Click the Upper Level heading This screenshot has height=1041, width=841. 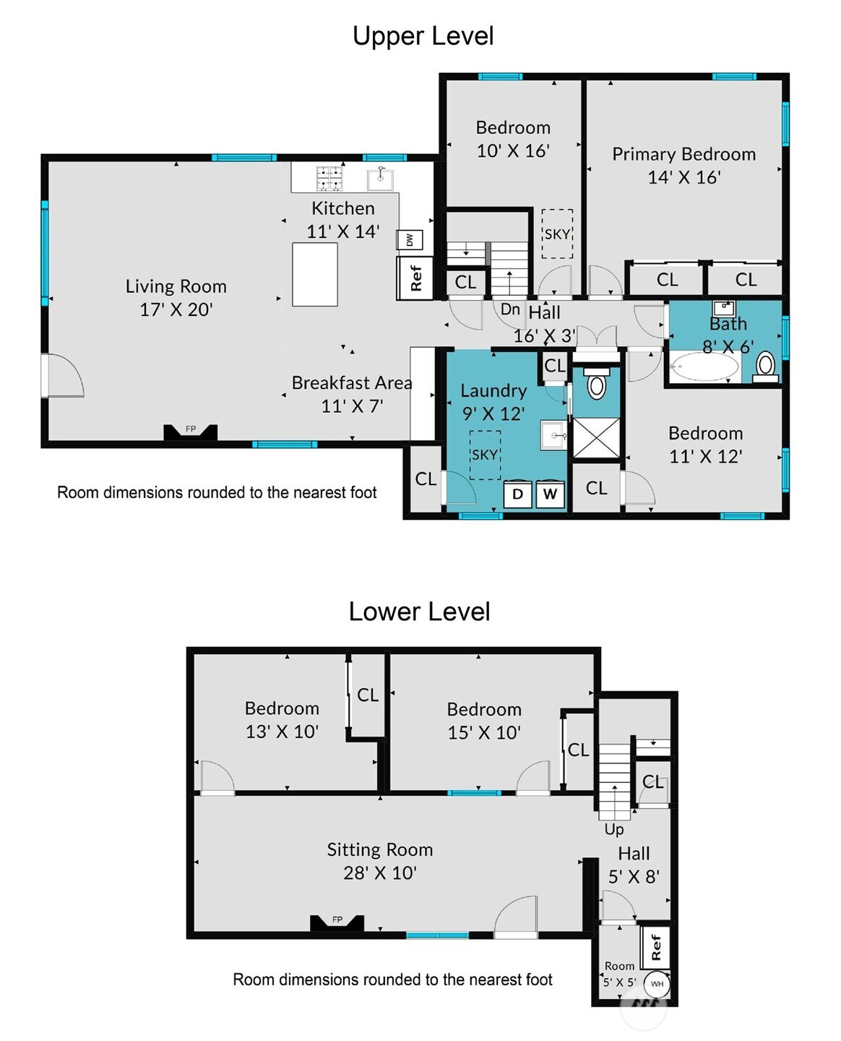[x=423, y=36]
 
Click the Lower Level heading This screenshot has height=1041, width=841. [x=419, y=612]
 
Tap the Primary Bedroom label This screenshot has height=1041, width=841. [x=683, y=155]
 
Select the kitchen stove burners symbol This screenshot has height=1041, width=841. [x=329, y=179]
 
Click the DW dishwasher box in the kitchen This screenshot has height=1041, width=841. [x=409, y=240]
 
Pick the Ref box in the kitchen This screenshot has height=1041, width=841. [x=415, y=278]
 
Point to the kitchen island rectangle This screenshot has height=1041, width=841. [x=314, y=275]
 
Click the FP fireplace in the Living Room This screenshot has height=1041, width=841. [x=190, y=432]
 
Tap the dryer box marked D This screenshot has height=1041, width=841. [x=518, y=494]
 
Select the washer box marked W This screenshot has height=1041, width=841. [x=550, y=494]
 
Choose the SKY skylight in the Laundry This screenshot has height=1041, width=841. [x=485, y=455]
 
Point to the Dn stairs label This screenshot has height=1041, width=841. [x=510, y=309]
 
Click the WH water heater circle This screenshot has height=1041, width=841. [x=657, y=983]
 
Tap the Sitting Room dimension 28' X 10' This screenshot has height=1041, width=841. [x=380, y=873]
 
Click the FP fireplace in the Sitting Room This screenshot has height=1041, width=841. [x=337, y=922]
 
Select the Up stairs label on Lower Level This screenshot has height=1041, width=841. [x=614, y=829]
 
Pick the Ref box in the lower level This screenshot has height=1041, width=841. [x=655, y=947]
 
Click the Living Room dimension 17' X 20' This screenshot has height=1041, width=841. [x=176, y=310]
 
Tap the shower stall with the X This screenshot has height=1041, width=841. [x=596, y=438]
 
